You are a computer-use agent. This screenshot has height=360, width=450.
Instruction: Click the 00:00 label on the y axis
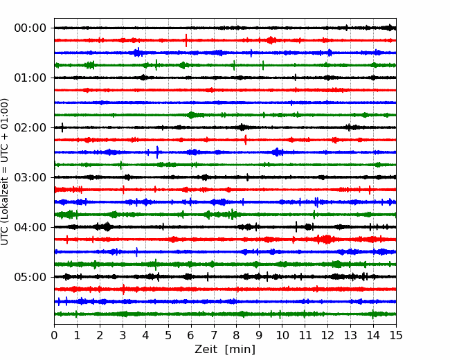point(30,28)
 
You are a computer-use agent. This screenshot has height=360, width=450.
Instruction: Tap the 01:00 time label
point(30,78)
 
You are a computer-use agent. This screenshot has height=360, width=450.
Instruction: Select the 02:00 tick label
point(30,127)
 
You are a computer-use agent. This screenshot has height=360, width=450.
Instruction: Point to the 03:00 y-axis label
point(30,177)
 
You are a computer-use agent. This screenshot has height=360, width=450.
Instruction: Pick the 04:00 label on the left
point(30,227)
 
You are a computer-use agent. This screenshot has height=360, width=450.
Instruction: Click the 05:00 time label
point(30,277)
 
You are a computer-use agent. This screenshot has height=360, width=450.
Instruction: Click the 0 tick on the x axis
point(55,336)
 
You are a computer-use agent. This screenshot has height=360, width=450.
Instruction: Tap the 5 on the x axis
point(168,336)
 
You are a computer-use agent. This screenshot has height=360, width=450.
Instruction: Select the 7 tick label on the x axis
point(214,336)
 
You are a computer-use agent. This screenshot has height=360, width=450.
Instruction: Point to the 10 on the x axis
point(282,336)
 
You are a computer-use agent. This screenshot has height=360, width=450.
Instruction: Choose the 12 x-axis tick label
point(327,336)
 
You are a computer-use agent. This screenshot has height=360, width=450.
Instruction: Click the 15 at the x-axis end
point(396,336)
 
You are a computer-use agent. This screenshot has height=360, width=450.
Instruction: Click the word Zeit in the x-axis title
point(207,350)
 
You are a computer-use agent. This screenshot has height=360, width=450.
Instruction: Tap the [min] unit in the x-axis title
point(241,350)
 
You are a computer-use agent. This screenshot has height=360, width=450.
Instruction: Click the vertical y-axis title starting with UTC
point(6,172)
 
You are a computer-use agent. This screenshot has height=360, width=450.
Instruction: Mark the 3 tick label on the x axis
point(123,336)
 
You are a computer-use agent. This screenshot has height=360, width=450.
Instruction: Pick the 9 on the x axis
point(260,336)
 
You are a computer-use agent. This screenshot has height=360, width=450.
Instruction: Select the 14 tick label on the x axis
point(373,336)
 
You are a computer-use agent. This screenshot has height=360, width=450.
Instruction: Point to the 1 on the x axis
point(78,336)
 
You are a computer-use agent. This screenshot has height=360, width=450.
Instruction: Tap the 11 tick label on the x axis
point(305,336)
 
